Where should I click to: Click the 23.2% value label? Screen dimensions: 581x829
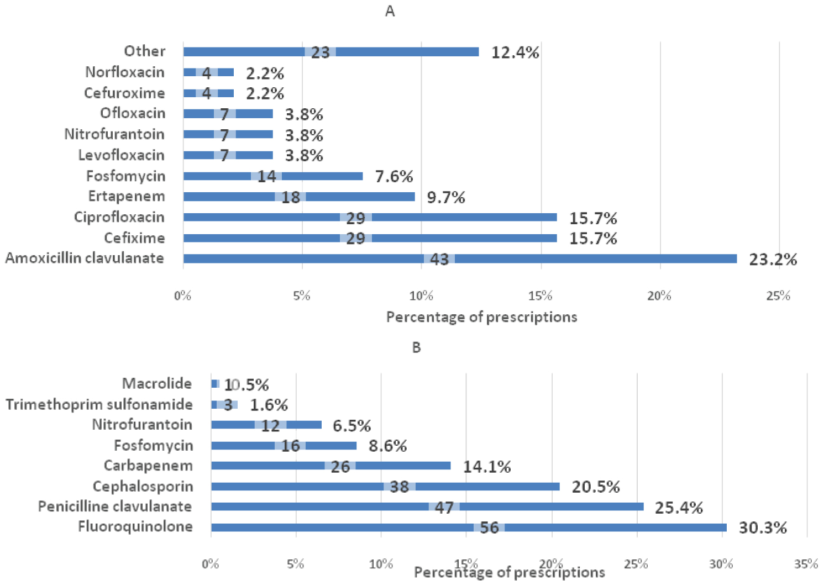(x=773, y=260)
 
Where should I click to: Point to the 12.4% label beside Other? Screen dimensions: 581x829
(x=515, y=53)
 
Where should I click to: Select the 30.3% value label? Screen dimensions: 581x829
(x=763, y=528)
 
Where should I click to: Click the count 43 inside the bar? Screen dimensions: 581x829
(x=439, y=259)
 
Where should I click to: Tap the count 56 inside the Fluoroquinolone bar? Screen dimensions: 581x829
(x=489, y=528)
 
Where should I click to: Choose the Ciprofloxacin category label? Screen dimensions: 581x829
(x=119, y=217)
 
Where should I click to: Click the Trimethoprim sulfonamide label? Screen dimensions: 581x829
(x=99, y=404)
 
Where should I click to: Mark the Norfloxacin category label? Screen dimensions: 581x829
(x=125, y=72)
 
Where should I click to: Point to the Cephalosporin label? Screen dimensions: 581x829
(x=143, y=487)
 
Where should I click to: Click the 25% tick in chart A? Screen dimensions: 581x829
(x=778, y=296)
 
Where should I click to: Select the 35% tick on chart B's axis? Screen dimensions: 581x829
(x=806, y=564)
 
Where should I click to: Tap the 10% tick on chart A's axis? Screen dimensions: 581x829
(x=421, y=296)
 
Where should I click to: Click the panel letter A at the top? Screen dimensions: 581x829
(x=390, y=12)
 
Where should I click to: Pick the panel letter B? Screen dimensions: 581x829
(x=416, y=347)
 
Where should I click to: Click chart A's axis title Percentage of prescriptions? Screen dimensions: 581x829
(x=481, y=317)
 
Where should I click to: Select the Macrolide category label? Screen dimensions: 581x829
(x=157, y=383)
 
